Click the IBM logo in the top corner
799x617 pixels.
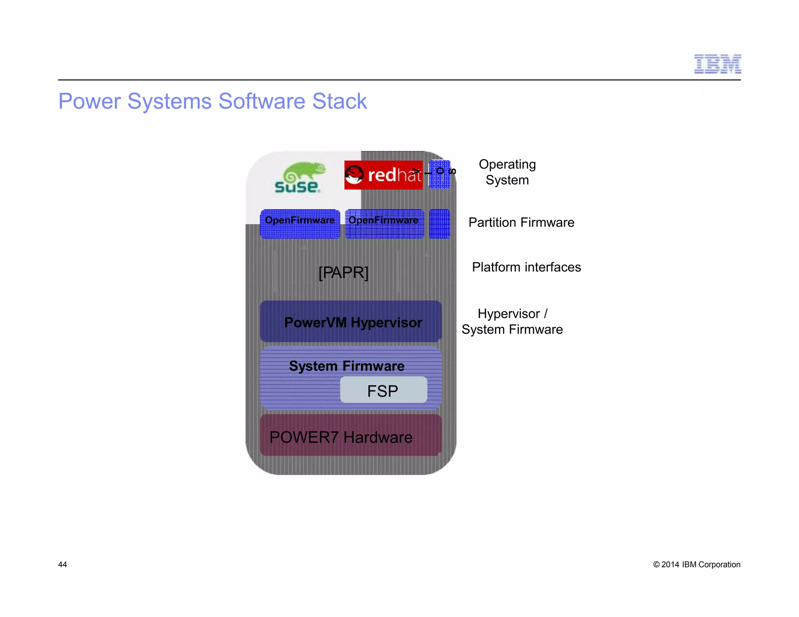[x=717, y=64]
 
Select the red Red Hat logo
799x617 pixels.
[x=383, y=175]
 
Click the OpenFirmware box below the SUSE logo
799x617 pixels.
[x=300, y=224]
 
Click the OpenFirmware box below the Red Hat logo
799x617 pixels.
[x=384, y=224]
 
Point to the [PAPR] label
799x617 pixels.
[x=343, y=272]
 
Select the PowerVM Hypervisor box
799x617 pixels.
[x=351, y=322]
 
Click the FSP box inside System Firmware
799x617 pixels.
[x=383, y=390]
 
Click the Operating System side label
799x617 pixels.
[x=507, y=172]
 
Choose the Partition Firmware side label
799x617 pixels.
[x=521, y=222]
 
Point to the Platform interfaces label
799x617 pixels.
[x=526, y=267]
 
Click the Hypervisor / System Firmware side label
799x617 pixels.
[x=512, y=321]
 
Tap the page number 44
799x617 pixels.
[x=62, y=564]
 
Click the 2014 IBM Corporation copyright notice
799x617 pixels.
[x=696, y=564]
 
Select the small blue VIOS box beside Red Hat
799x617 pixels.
[x=439, y=175]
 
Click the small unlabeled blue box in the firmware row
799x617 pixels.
[x=439, y=224]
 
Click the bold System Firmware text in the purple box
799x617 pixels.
[x=346, y=366]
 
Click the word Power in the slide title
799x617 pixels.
[x=89, y=101]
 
